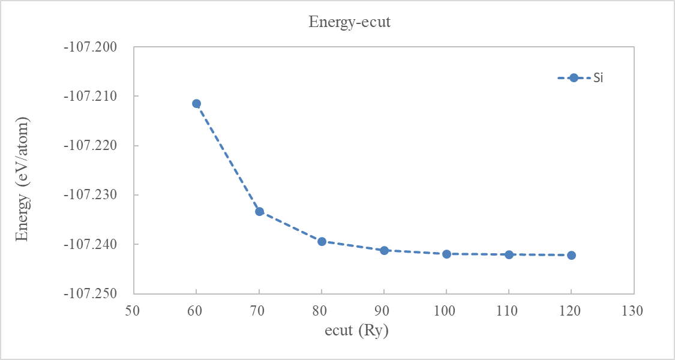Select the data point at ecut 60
pos(196,103)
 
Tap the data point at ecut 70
pos(259,211)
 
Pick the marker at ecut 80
pos(322,241)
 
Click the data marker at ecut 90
pos(384,250)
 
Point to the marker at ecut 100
pos(446,254)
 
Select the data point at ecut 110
pos(509,254)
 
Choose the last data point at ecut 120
pos(571,255)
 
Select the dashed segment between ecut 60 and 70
pos(228,158)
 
